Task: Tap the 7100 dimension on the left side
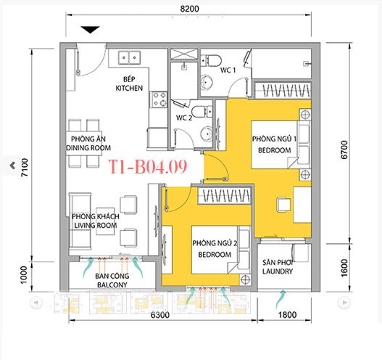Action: (x=23, y=168)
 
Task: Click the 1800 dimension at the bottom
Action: (x=286, y=315)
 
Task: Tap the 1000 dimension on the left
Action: (x=23, y=274)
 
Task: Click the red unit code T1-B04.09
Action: (x=149, y=167)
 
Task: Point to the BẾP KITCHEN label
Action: (x=128, y=83)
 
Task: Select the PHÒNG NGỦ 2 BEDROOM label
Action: (x=212, y=249)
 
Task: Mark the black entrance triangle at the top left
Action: (x=90, y=29)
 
